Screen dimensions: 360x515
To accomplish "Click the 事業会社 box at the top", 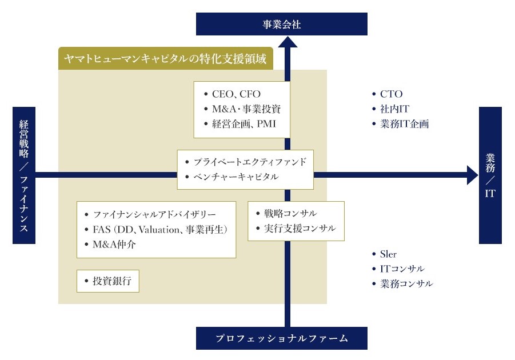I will pos(281,25).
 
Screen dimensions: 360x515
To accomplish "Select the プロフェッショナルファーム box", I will pos(281,338).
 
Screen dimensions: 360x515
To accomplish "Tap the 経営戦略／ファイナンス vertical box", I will pos(24,175).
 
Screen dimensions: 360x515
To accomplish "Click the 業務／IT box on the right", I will pos(490,175).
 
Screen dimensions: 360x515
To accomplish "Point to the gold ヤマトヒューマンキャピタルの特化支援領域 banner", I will pos(166,58).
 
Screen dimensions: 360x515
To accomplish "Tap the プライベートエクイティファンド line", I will pos(250,162).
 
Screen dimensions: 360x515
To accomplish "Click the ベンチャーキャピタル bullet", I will pos(235,177).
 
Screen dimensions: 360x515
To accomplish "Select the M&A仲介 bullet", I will pos(114,245).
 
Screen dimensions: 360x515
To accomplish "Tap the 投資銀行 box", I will pos(108,281).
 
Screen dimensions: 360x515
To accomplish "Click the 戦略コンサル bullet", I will pos(290,214).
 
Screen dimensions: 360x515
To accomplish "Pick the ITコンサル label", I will pos(402,269).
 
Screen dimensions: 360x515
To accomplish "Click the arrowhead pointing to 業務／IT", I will pos(472,175).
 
